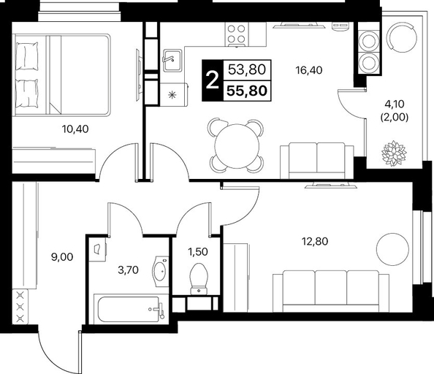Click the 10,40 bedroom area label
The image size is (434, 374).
pyautogui.click(x=75, y=129)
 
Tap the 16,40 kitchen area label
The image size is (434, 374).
pyautogui.click(x=309, y=70)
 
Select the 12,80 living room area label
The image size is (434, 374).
pyautogui.click(x=315, y=242)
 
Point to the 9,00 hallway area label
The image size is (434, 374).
pyautogui.click(x=62, y=257)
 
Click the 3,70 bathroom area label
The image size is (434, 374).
pyautogui.click(x=128, y=270)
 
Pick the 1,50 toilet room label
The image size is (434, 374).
pyautogui.click(x=198, y=252)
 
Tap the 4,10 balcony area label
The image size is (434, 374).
pyautogui.click(x=395, y=104)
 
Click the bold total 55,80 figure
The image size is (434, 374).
pyautogui.click(x=247, y=91)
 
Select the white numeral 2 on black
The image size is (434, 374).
pyautogui.click(x=213, y=80)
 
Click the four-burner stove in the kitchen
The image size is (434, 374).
pyautogui.click(x=237, y=34)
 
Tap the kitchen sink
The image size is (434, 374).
pyautogui.click(x=172, y=61)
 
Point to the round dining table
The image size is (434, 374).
pyautogui.click(x=237, y=146)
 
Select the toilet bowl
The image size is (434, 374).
pyautogui.click(x=199, y=278)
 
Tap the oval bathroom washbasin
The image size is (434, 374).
pyautogui.click(x=161, y=272)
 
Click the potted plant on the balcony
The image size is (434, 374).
pyautogui.click(x=394, y=153)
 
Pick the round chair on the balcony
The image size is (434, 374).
pyautogui.click(x=402, y=38)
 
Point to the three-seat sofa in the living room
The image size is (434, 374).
pyautogui.click(x=331, y=291)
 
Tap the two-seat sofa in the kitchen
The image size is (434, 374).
pyautogui.click(x=317, y=161)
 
